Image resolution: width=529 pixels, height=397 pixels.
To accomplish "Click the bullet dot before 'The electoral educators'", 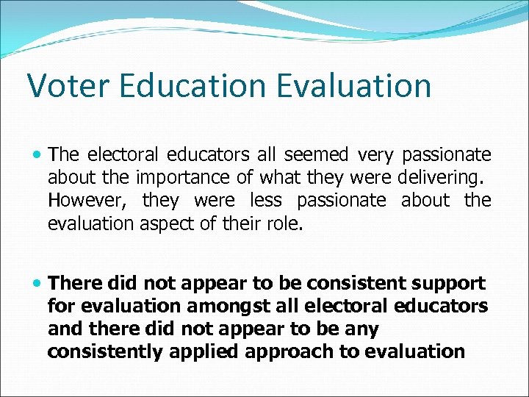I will pyautogui.click(x=37, y=155).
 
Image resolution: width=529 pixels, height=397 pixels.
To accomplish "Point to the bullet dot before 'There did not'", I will pyautogui.click(x=37, y=284).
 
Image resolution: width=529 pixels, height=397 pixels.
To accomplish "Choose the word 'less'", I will pyautogui.click(x=265, y=200).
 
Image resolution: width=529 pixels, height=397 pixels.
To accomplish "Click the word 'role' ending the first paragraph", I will pyautogui.click(x=285, y=223).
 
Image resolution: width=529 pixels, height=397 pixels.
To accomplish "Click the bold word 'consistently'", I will pyautogui.click(x=106, y=351).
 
